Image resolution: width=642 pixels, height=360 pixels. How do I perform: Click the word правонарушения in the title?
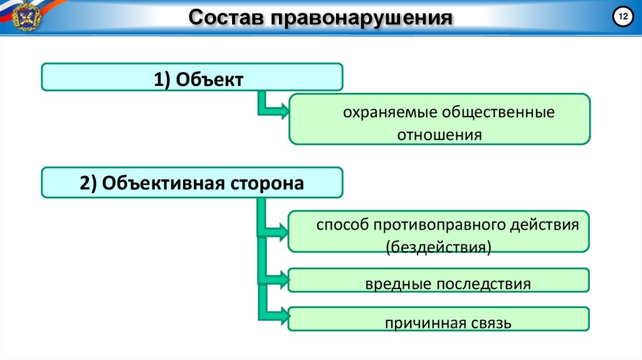360,18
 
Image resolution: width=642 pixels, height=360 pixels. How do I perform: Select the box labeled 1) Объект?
192,77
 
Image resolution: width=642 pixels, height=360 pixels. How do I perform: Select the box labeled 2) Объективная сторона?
192,183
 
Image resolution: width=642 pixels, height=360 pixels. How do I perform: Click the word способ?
342,225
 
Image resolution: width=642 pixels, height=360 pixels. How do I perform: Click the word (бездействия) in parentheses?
438,245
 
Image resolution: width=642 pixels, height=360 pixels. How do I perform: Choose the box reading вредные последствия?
439,283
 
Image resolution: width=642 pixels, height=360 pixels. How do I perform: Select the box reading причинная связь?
439,323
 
